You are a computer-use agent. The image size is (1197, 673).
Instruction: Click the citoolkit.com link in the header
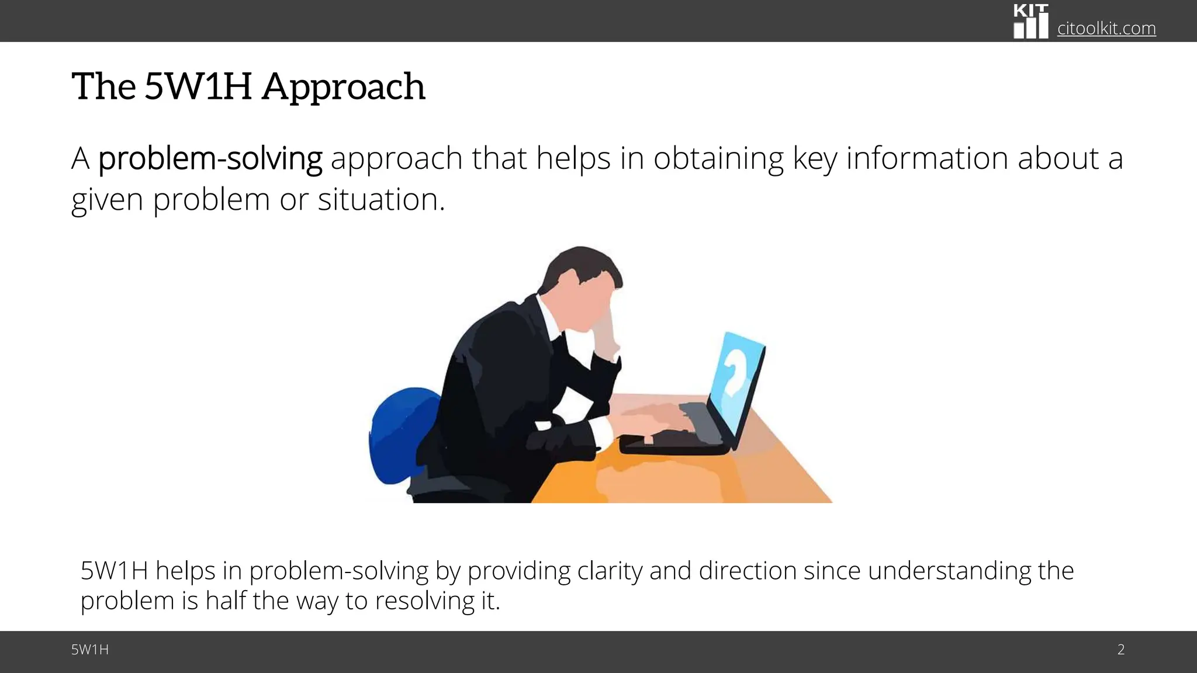click(1106, 28)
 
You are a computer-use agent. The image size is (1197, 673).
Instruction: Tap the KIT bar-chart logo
click(1030, 22)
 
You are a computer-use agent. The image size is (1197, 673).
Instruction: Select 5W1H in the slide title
click(198, 86)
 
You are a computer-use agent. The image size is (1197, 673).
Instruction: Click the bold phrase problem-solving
click(210, 159)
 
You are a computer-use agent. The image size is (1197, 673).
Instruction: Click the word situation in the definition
click(380, 200)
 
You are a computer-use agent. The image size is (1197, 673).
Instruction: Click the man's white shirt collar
click(549, 318)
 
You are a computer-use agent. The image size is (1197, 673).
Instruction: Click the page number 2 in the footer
click(1120, 650)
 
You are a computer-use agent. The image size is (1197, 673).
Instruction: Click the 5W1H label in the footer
click(90, 650)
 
